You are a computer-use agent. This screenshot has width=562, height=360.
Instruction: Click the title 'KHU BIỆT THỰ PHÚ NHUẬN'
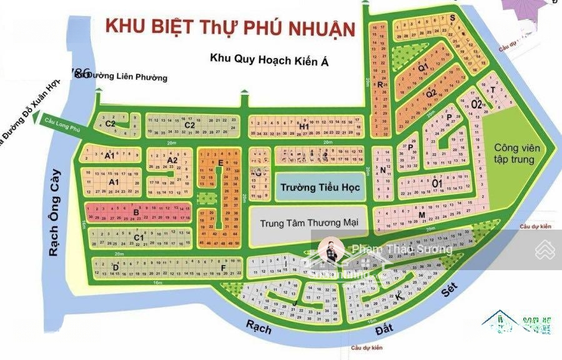tap(230, 27)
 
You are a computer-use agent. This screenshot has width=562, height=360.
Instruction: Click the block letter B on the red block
tap(135, 212)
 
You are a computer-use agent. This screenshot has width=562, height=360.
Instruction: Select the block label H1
tap(305, 127)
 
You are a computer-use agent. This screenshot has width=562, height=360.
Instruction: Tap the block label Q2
tap(431, 94)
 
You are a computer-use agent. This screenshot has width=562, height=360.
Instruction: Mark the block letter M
tap(422, 216)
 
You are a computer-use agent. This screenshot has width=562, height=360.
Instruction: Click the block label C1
tap(140, 238)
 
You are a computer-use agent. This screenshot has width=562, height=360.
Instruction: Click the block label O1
tap(437, 183)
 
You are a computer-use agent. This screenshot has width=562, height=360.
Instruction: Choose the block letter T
tap(493, 90)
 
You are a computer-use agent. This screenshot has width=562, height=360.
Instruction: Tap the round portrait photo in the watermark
tap(332, 251)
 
